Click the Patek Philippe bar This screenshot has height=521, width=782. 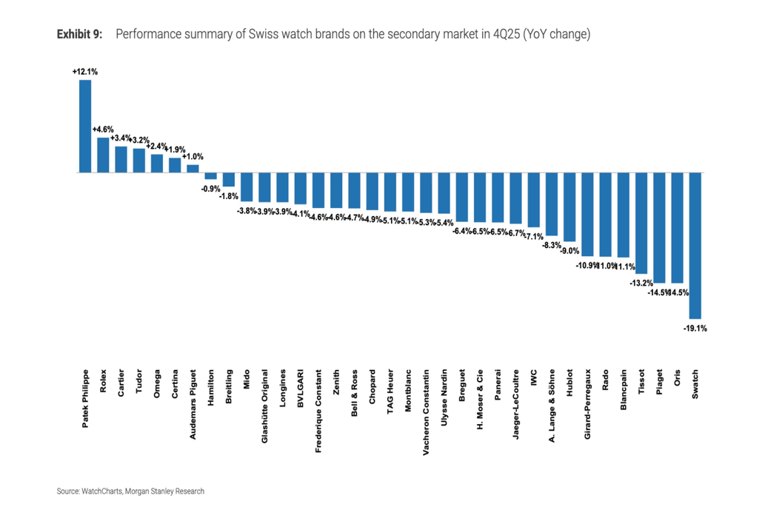(x=85, y=126)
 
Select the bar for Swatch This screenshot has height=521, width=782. (x=695, y=245)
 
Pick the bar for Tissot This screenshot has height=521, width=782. (x=641, y=223)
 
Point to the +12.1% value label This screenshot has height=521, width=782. (x=85, y=72)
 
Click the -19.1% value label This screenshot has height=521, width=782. (x=695, y=328)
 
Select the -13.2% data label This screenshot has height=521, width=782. (x=641, y=283)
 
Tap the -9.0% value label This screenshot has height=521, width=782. (x=569, y=251)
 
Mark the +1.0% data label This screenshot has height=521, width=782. (x=193, y=157)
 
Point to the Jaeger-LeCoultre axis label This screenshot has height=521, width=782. (x=515, y=405)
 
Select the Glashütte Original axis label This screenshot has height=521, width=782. (x=264, y=406)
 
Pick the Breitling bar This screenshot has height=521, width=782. (x=229, y=179)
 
